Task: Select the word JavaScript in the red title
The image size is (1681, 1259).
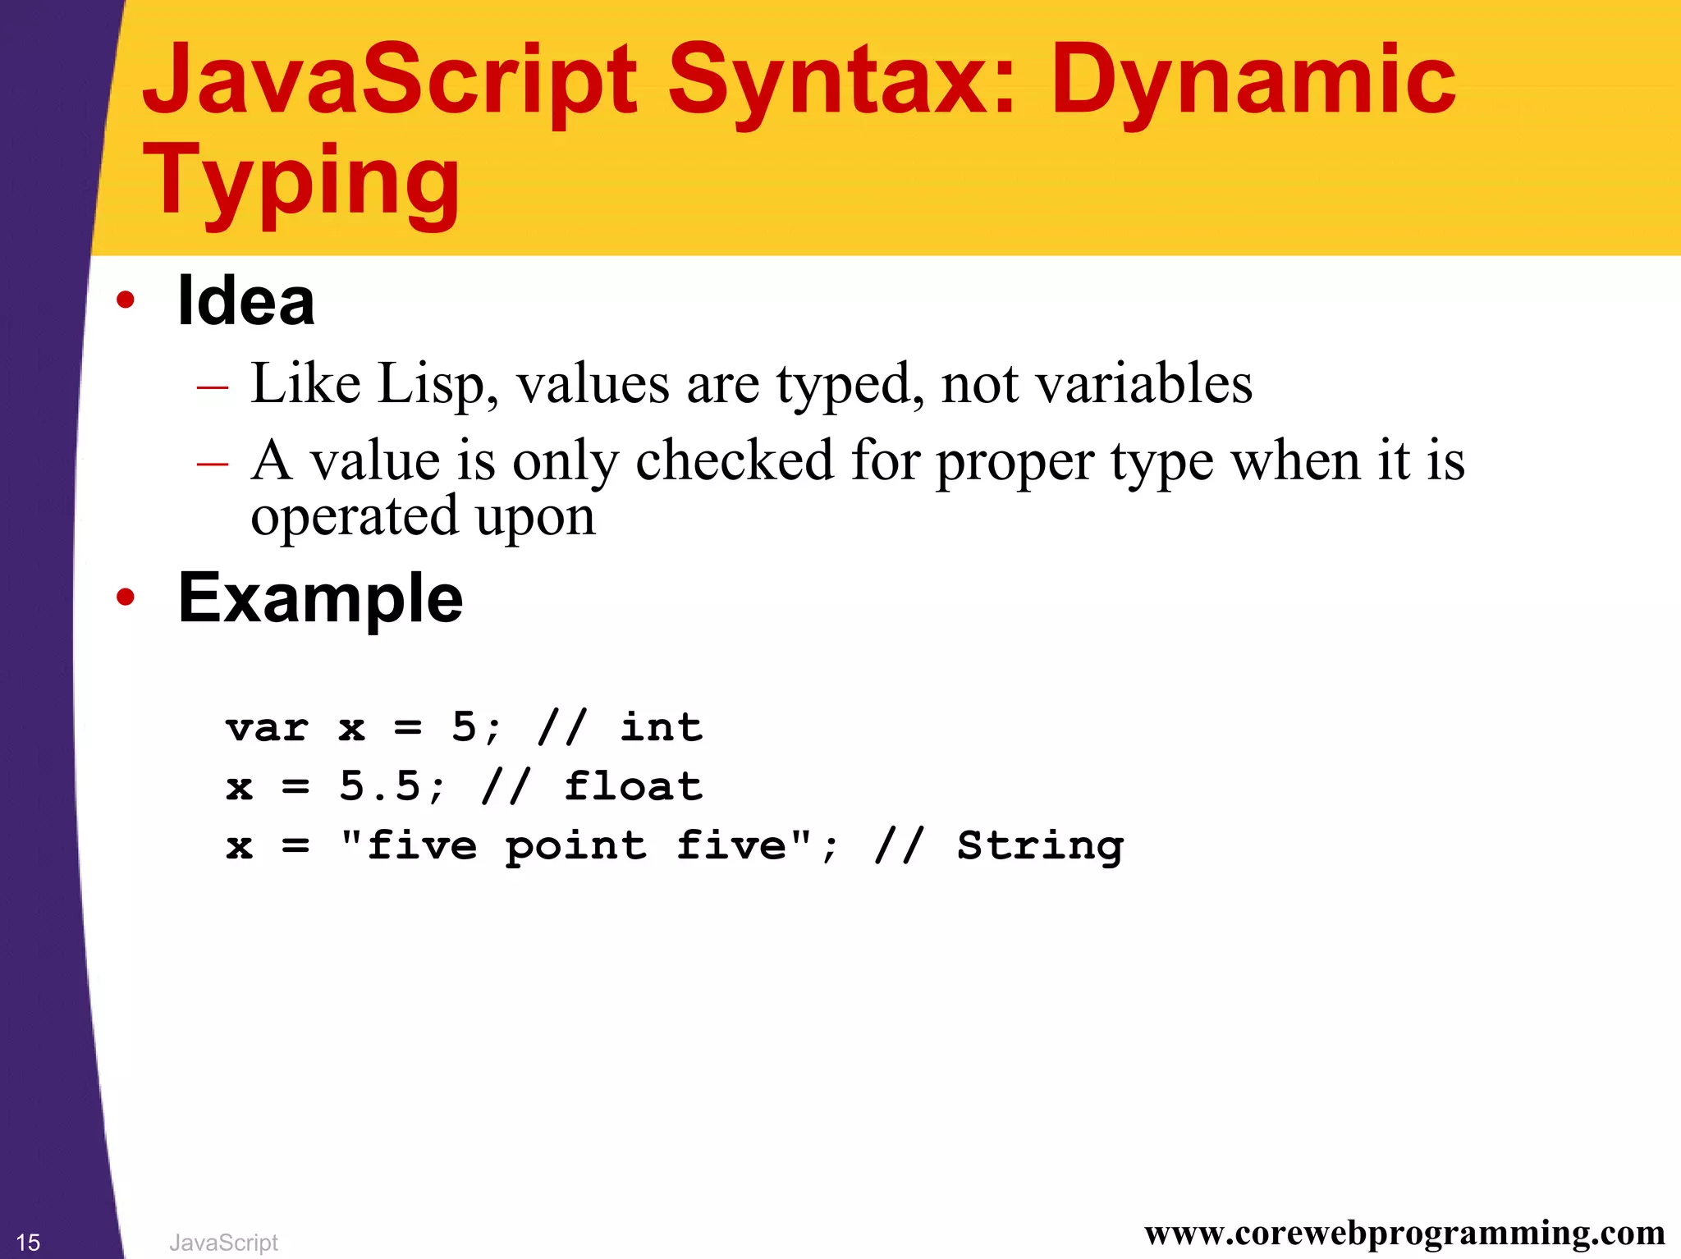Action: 389,80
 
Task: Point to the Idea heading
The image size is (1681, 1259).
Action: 245,301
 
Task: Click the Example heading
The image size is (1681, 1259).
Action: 320,598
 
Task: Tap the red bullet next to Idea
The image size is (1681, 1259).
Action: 125,300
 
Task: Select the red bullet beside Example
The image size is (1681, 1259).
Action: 125,597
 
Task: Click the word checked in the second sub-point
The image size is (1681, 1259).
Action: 734,460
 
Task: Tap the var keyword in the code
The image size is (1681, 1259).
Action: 268,728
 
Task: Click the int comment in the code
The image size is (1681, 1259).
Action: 661,727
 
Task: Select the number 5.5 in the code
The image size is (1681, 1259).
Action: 379,786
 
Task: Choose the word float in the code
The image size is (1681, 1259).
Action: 633,786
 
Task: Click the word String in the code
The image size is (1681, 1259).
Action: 1040,846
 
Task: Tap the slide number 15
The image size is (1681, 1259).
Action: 28,1243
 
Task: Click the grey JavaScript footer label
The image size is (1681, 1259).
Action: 223,1243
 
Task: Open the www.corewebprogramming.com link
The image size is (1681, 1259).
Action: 1404,1234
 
